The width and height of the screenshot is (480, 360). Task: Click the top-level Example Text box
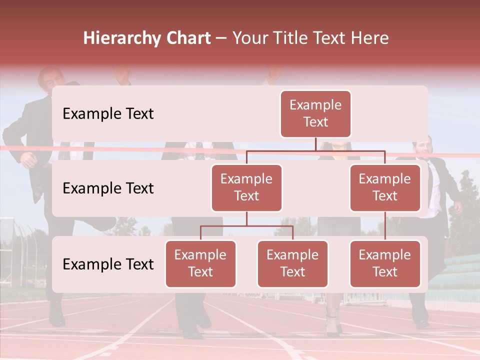[x=315, y=113]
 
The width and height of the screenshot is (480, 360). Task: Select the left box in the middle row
[x=246, y=187]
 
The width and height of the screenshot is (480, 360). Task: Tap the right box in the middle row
[x=385, y=187]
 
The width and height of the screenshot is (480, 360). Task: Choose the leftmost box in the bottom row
[x=200, y=263]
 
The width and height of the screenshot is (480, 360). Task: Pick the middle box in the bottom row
[x=292, y=263]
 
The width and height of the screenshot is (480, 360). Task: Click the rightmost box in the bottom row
[x=385, y=263]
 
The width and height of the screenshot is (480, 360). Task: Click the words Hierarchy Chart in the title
[x=147, y=38]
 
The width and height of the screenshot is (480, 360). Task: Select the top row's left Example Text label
[x=108, y=113]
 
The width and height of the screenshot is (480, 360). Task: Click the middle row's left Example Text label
[x=108, y=188]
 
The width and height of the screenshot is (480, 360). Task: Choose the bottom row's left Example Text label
[x=108, y=264]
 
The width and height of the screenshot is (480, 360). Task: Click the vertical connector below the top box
[x=315, y=144]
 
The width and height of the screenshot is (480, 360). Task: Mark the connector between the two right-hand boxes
[x=385, y=225]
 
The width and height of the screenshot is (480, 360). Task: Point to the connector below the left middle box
[x=246, y=218]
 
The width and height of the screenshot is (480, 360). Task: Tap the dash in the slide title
[x=221, y=38]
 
